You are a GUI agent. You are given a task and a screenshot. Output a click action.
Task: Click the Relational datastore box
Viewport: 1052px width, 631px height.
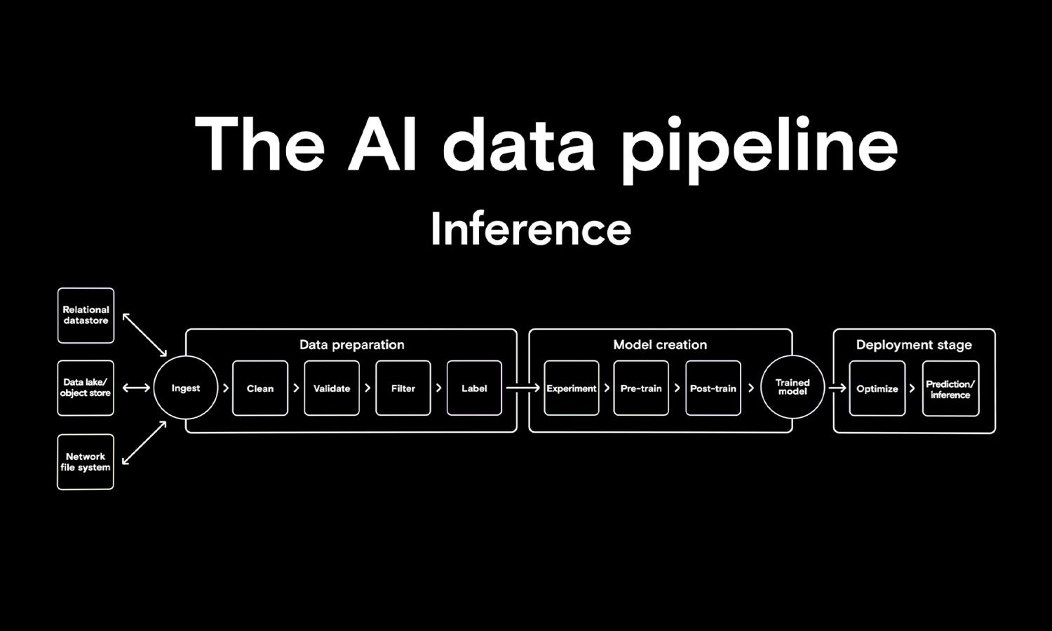click(x=86, y=315)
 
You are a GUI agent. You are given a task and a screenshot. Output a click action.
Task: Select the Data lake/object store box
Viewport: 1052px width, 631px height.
click(x=86, y=388)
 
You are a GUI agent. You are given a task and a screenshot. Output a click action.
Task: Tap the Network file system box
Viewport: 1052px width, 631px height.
click(x=86, y=462)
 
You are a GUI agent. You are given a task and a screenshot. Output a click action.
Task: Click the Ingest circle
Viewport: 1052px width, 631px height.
click(x=186, y=388)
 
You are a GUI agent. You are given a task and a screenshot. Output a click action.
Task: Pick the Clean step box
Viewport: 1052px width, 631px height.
click(x=260, y=388)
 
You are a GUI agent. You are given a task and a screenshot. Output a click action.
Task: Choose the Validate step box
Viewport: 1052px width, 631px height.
click(x=332, y=388)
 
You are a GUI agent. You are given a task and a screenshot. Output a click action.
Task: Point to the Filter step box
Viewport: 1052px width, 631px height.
click(x=403, y=388)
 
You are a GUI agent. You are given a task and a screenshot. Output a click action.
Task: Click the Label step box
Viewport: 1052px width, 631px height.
click(x=474, y=388)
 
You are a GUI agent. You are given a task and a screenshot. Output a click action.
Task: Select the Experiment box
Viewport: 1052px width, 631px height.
click(x=572, y=388)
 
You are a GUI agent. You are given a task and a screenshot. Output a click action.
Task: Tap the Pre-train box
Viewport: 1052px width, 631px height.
click(x=641, y=388)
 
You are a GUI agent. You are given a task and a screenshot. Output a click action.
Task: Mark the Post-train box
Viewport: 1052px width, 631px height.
click(x=713, y=388)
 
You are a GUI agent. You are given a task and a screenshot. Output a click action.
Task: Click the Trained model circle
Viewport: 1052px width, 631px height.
click(x=793, y=388)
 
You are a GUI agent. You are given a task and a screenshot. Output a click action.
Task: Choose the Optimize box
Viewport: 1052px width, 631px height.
click(x=877, y=388)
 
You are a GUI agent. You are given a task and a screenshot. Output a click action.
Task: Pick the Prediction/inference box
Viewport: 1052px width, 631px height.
click(x=950, y=389)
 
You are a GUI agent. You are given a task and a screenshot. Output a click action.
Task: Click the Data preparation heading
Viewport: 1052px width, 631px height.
click(x=352, y=345)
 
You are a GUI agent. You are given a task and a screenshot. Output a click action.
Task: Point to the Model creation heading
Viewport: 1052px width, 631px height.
click(x=660, y=345)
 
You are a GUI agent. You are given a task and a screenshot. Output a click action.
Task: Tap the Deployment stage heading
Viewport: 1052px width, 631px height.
click(x=914, y=345)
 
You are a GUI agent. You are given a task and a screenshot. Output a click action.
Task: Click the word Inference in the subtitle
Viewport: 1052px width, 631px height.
click(x=531, y=229)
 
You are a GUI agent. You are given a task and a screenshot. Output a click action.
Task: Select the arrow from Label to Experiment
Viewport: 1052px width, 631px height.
click(x=523, y=388)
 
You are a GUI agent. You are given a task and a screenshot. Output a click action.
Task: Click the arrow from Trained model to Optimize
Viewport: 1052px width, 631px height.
click(x=837, y=388)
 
